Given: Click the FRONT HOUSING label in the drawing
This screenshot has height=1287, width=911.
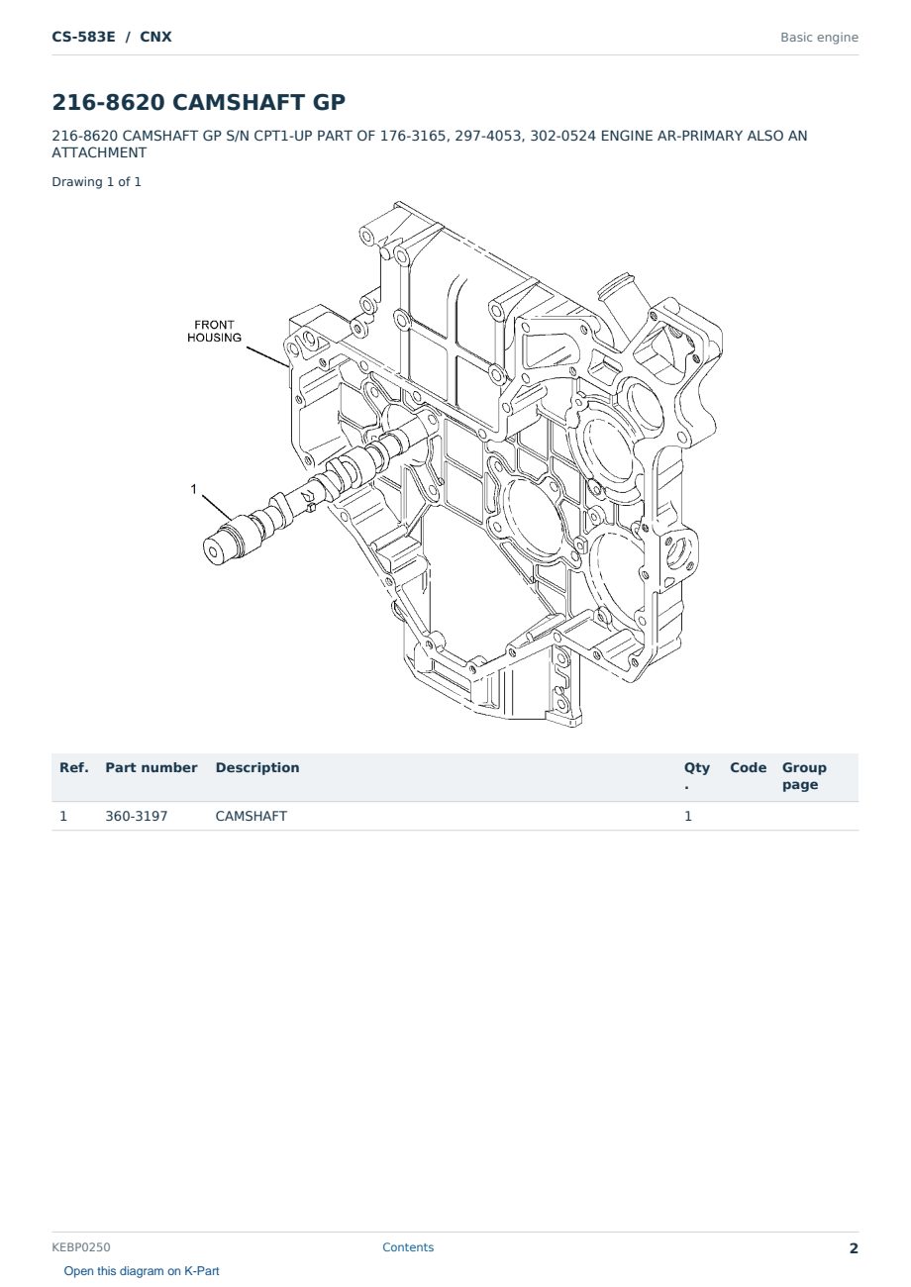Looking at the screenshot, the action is click(x=214, y=331).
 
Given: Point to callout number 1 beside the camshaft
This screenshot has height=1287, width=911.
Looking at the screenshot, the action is click(x=194, y=489).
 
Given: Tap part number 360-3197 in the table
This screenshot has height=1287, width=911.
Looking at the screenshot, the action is click(x=137, y=816).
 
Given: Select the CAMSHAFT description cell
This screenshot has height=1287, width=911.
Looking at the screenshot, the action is click(x=252, y=816).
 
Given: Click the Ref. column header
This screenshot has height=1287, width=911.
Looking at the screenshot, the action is click(x=74, y=767).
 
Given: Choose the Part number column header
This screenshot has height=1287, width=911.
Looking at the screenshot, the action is click(x=152, y=767).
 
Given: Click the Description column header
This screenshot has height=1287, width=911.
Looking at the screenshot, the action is click(x=257, y=767).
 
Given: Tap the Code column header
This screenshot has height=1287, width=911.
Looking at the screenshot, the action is click(x=748, y=767).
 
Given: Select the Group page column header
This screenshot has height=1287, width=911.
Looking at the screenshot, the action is click(x=804, y=776).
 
